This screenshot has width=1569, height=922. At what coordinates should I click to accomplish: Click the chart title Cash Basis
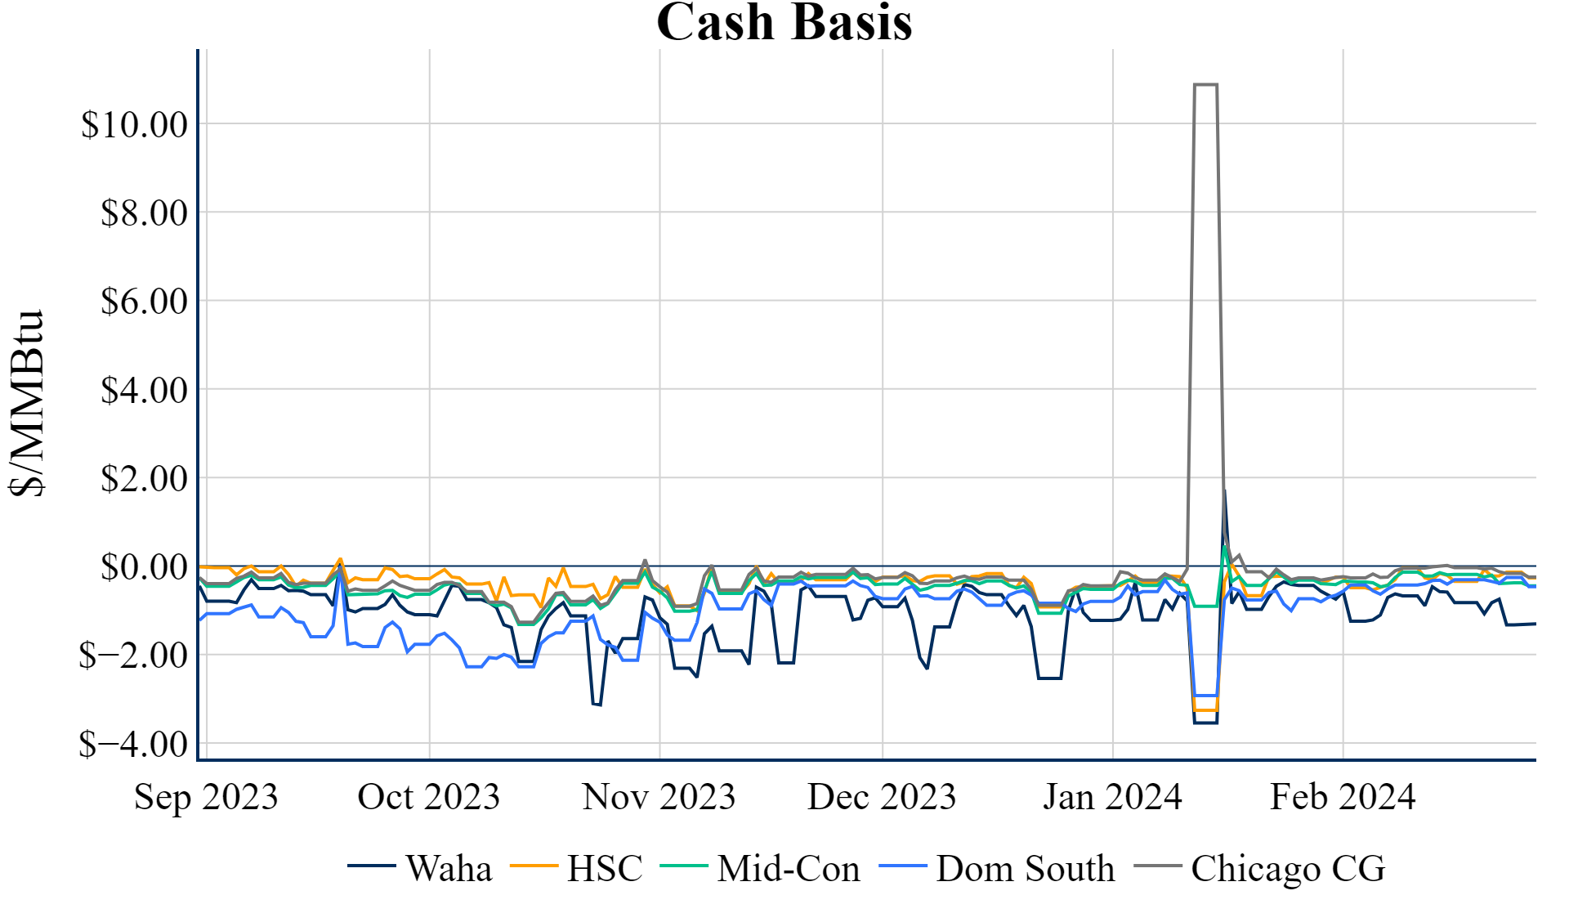(784, 22)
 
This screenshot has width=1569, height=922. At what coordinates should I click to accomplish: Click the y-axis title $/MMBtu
(27, 403)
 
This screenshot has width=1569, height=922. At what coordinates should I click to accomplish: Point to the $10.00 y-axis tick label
(134, 125)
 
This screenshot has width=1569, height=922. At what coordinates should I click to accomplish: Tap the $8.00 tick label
(144, 213)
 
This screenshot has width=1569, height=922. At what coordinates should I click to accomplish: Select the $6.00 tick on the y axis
(144, 302)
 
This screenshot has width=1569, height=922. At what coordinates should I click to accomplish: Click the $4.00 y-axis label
(144, 391)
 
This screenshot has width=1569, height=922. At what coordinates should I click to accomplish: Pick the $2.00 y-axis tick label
(144, 479)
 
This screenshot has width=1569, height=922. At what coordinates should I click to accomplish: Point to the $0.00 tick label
(144, 567)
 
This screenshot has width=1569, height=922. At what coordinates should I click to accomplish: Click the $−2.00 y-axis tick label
(133, 656)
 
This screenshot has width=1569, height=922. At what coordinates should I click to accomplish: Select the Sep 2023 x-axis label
(206, 797)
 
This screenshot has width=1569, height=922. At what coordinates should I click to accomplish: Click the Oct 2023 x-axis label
(429, 797)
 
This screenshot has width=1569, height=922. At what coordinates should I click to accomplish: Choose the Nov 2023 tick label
(659, 797)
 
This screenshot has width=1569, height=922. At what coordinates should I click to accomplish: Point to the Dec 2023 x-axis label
(882, 797)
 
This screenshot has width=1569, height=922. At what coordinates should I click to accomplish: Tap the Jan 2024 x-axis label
(1112, 797)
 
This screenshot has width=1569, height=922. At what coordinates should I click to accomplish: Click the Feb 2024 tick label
(1343, 797)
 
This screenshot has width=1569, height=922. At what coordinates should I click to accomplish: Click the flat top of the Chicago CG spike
(1206, 84)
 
